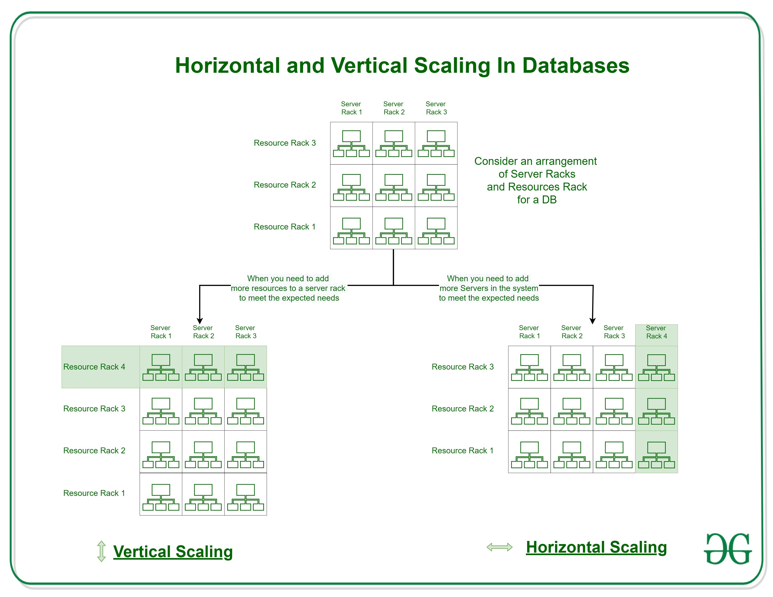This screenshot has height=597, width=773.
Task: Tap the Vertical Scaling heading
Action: click(x=173, y=551)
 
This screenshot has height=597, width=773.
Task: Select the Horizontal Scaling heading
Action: click(x=596, y=547)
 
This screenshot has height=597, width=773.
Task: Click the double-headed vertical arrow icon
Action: click(x=101, y=551)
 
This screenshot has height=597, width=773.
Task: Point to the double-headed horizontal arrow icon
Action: click(x=499, y=547)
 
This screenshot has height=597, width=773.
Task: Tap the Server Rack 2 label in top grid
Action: click(x=393, y=108)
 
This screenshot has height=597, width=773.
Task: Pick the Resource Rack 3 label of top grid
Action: click(x=284, y=143)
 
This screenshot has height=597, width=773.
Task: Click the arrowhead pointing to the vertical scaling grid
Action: click(x=200, y=321)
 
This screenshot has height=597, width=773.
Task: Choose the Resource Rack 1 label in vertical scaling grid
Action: click(x=94, y=493)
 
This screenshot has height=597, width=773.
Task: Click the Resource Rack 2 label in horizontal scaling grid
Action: click(x=463, y=409)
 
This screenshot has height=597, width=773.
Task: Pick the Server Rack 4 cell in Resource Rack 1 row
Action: click(x=656, y=452)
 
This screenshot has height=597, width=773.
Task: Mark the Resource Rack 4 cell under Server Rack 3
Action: click(x=245, y=367)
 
